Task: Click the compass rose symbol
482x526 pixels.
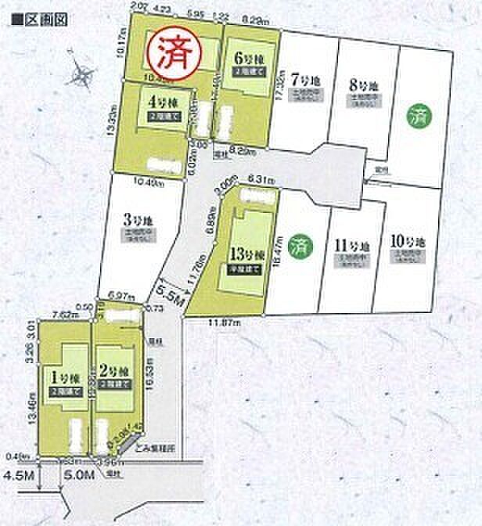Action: pyautogui.click(x=81, y=76)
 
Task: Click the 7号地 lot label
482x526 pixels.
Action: pyautogui.click(x=302, y=80)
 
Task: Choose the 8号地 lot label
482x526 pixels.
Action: pyautogui.click(x=361, y=82)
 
